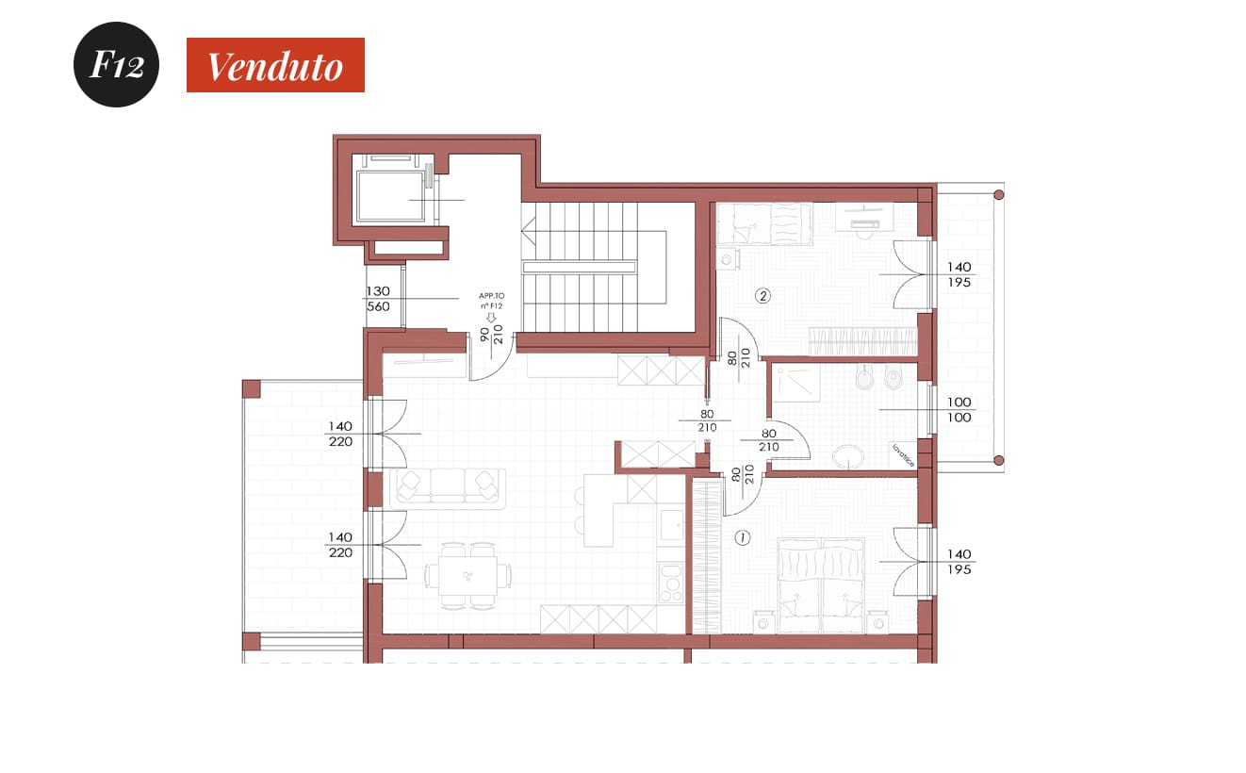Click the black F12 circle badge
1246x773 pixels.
click(x=116, y=64)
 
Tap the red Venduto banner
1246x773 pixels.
click(x=275, y=65)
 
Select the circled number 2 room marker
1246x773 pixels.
click(x=762, y=296)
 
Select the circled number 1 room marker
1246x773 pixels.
click(x=742, y=537)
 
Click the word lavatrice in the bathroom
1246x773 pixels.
click(x=903, y=454)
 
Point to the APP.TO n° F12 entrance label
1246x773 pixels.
click(x=492, y=301)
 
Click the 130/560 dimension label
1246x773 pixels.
click(x=378, y=299)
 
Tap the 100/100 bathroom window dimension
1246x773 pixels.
click(x=959, y=409)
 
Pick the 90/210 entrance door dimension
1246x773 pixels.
click(x=492, y=335)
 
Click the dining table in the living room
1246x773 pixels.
click(x=467, y=576)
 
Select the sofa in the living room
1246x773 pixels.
click(x=448, y=489)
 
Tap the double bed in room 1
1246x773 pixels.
click(x=822, y=585)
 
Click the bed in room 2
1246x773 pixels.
click(x=764, y=223)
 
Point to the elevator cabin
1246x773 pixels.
click(x=391, y=196)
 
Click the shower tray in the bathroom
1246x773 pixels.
click(x=796, y=384)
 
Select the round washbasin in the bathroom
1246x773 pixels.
click(x=848, y=457)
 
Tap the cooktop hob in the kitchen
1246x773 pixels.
click(x=671, y=583)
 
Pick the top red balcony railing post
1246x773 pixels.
click(x=999, y=195)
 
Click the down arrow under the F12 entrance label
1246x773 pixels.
click(x=491, y=318)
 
